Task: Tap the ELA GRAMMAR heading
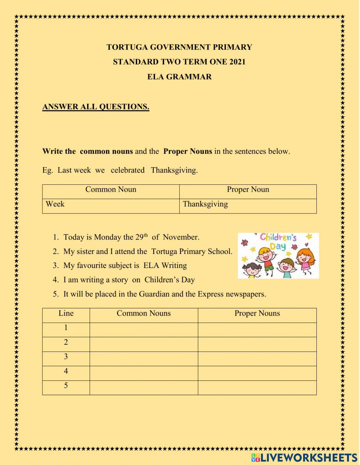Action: (x=179, y=77)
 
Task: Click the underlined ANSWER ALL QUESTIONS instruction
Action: (x=96, y=107)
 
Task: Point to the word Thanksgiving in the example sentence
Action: (x=174, y=170)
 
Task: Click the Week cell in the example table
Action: (x=55, y=204)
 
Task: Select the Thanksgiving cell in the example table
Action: (x=205, y=204)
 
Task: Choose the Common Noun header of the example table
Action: (x=111, y=190)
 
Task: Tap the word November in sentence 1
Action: (x=181, y=237)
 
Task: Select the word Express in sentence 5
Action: (x=211, y=294)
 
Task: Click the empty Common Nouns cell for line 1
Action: (x=144, y=330)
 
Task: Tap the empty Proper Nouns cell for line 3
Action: (x=257, y=359)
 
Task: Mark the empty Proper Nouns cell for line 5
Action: (x=257, y=388)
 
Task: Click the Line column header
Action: (x=66, y=313)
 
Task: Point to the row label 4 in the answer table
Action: (x=66, y=371)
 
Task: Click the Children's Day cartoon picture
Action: (x=278, y=255)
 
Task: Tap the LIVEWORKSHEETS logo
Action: (x=304, y=457)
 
